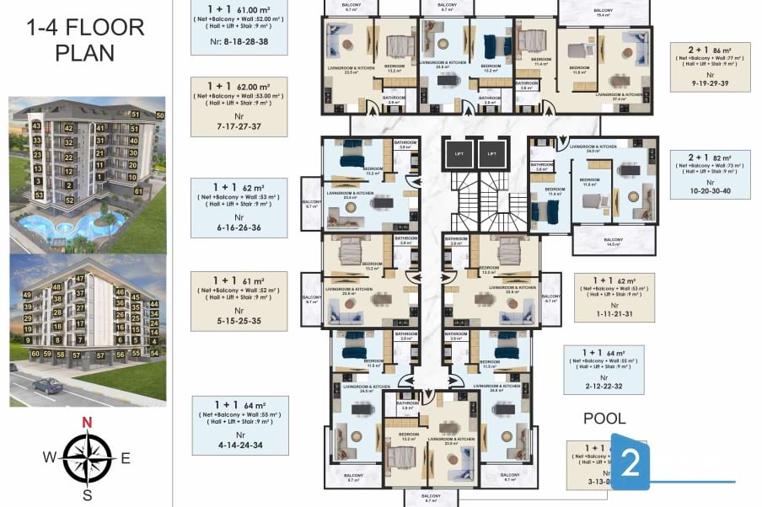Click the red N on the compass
(86, 423)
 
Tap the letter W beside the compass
(51, 458)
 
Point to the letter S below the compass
(87, 494)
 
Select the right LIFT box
(491, 153)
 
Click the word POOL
(604, 419)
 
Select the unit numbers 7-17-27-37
(239, 125)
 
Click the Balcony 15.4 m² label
(603, 13)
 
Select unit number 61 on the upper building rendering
(138, 191)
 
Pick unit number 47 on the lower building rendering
(80, 278)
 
